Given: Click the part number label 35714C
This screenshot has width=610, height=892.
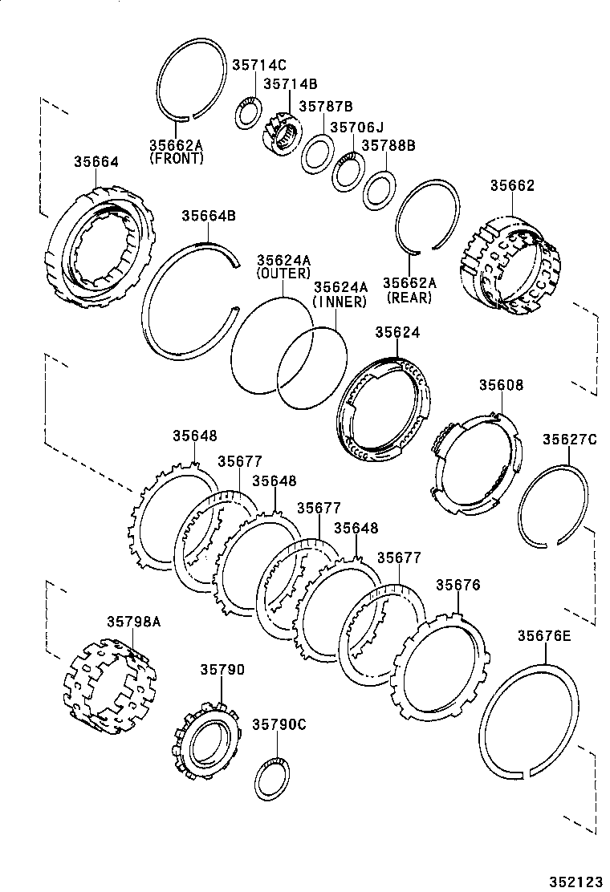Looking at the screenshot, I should (x=258, y=66).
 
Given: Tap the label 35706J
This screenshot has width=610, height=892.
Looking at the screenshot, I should (x=357, y=127).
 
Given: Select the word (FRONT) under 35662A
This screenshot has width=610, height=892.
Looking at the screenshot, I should (x=176, y=159).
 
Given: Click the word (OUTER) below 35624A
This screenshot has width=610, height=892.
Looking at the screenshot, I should (x=283, y=274).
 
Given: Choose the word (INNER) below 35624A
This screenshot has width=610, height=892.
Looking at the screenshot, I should (x=340, y=302).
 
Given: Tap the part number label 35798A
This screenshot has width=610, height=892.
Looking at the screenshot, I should (x=134, y=621).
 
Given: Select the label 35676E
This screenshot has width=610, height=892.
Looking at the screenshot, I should (x=543, y=635).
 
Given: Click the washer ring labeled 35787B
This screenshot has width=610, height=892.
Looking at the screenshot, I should (x=318, y=153).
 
